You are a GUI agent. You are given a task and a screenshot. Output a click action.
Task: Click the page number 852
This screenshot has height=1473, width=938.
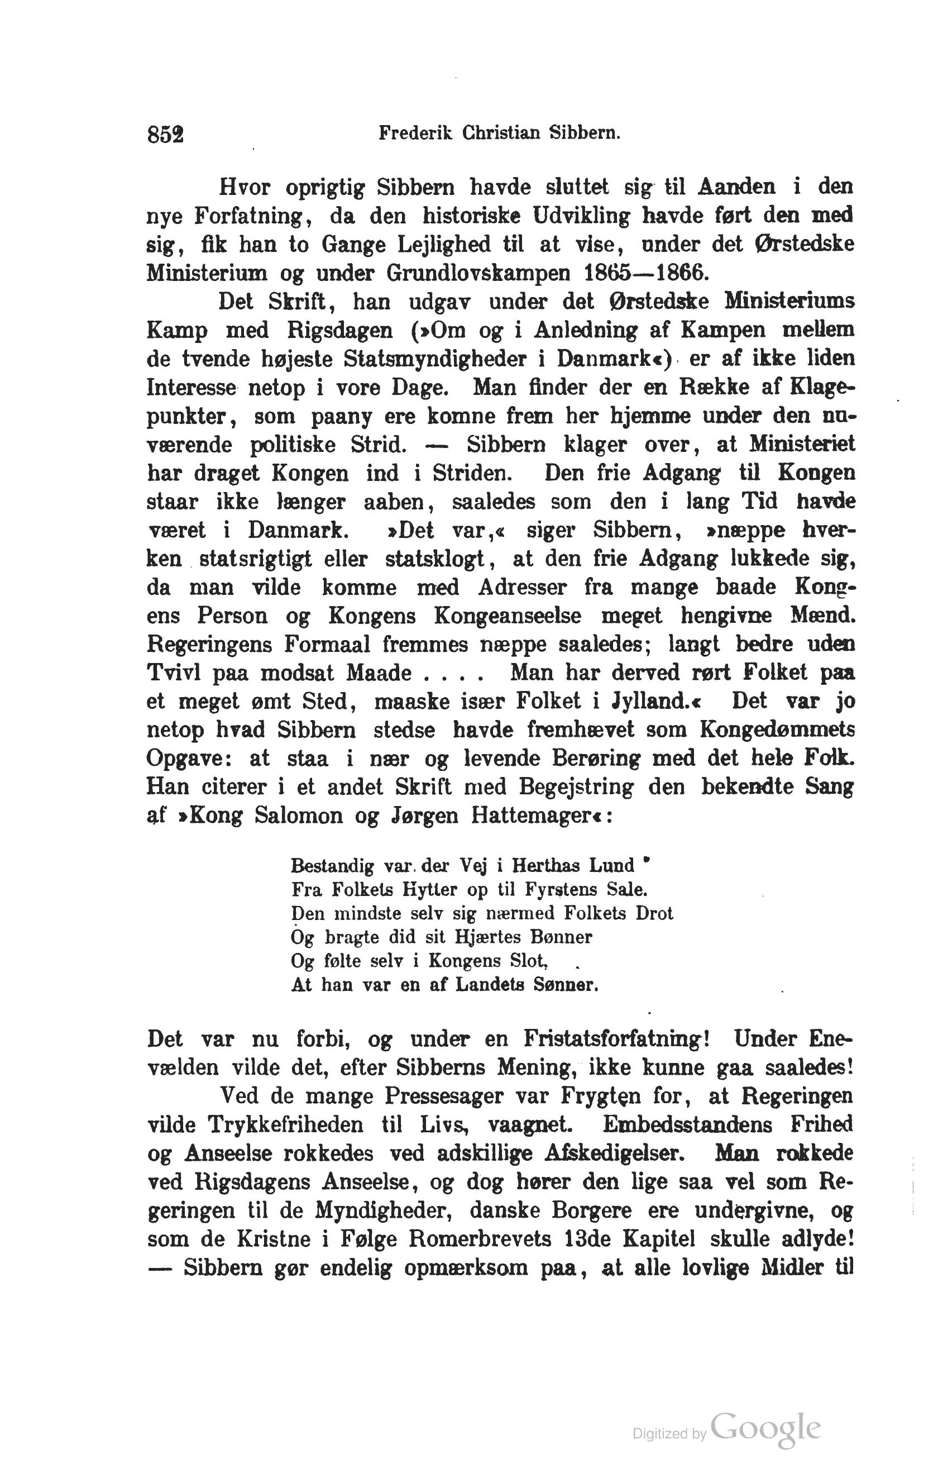pos(165,134)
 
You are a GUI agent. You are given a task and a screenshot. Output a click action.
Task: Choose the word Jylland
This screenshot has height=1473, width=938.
pos(656,701)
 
